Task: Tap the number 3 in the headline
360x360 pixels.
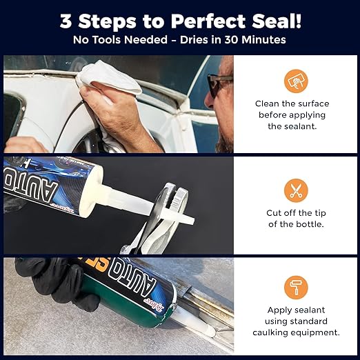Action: click(67, 21)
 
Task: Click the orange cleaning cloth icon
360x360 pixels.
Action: click(296, 81)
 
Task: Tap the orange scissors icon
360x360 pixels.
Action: click(296, 190)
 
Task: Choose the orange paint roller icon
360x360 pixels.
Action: click(296, 287)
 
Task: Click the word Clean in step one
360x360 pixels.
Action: click(269, 103)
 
